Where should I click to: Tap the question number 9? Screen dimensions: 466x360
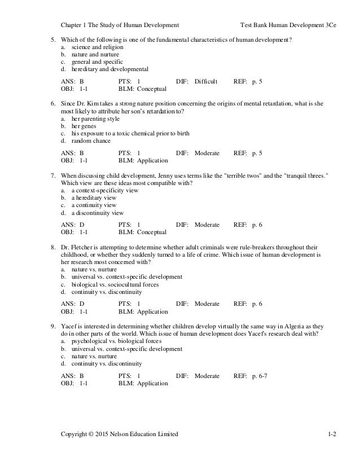coord(52,326)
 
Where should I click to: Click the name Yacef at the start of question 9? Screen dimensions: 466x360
coord(69,326)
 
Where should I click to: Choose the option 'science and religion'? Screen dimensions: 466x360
coord(94,47)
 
